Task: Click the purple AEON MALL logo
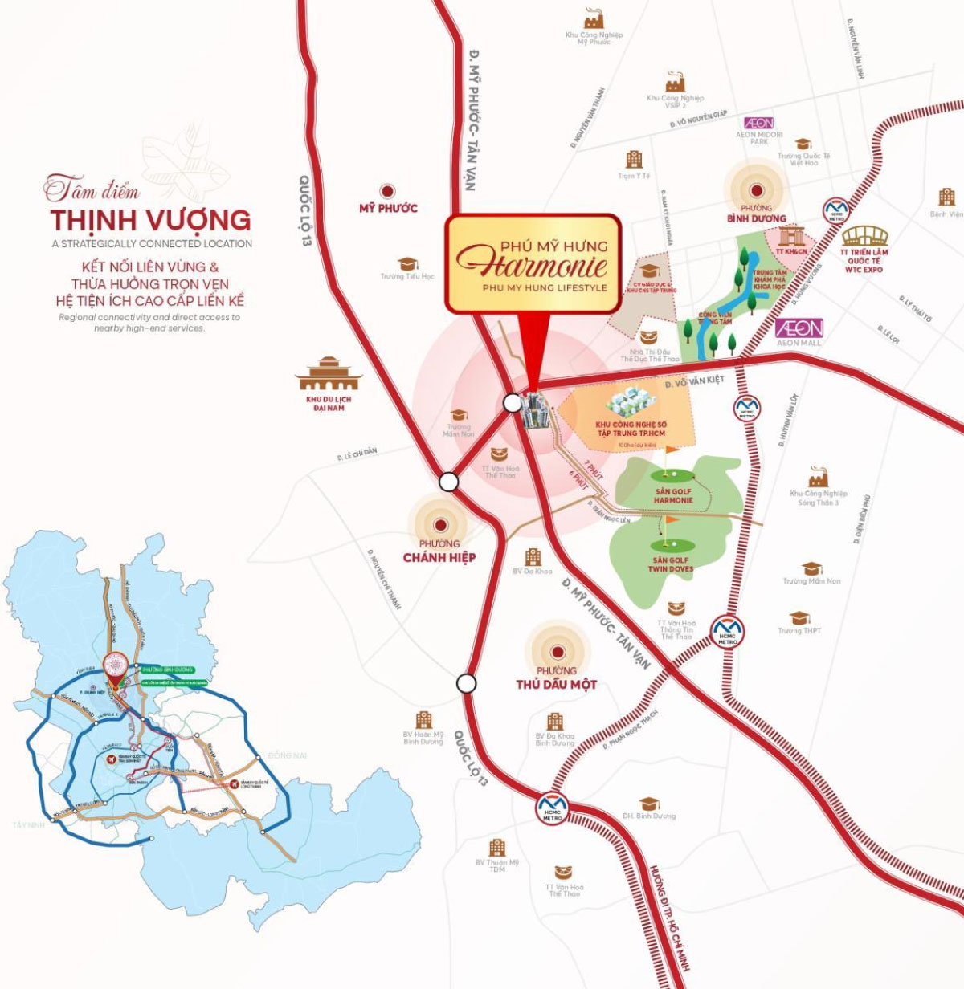pyautogui.click(x=799, y=328)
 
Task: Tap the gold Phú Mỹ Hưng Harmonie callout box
pyautogui.click(x=533, y=263)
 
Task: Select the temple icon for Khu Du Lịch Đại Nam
pyautogui.click(x=329, y=374)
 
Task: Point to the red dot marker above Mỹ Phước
pyautogui.click(x=388, y=191)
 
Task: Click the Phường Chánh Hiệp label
pyautogui.click(x=439, y=551)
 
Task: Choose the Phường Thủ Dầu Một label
pyautogui.click(x=557, y=678)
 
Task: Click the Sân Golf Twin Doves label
pyautogui.click(x=670, y=564)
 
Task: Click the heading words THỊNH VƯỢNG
pyautogui.click(x=150, y=219)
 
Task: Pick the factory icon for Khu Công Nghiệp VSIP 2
pyautogui.click(x=675, y=82)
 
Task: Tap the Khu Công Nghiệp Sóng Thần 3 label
pyautogui.click(x=818, y=498)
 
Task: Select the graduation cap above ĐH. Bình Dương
pyautogui.click(x=648, y=804)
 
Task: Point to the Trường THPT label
pyautogui.click(x=799, y=631)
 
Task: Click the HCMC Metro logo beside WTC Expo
pyautogui.click(x=835, y=211)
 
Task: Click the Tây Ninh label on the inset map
pyautogui.click(x=26, y=825)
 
